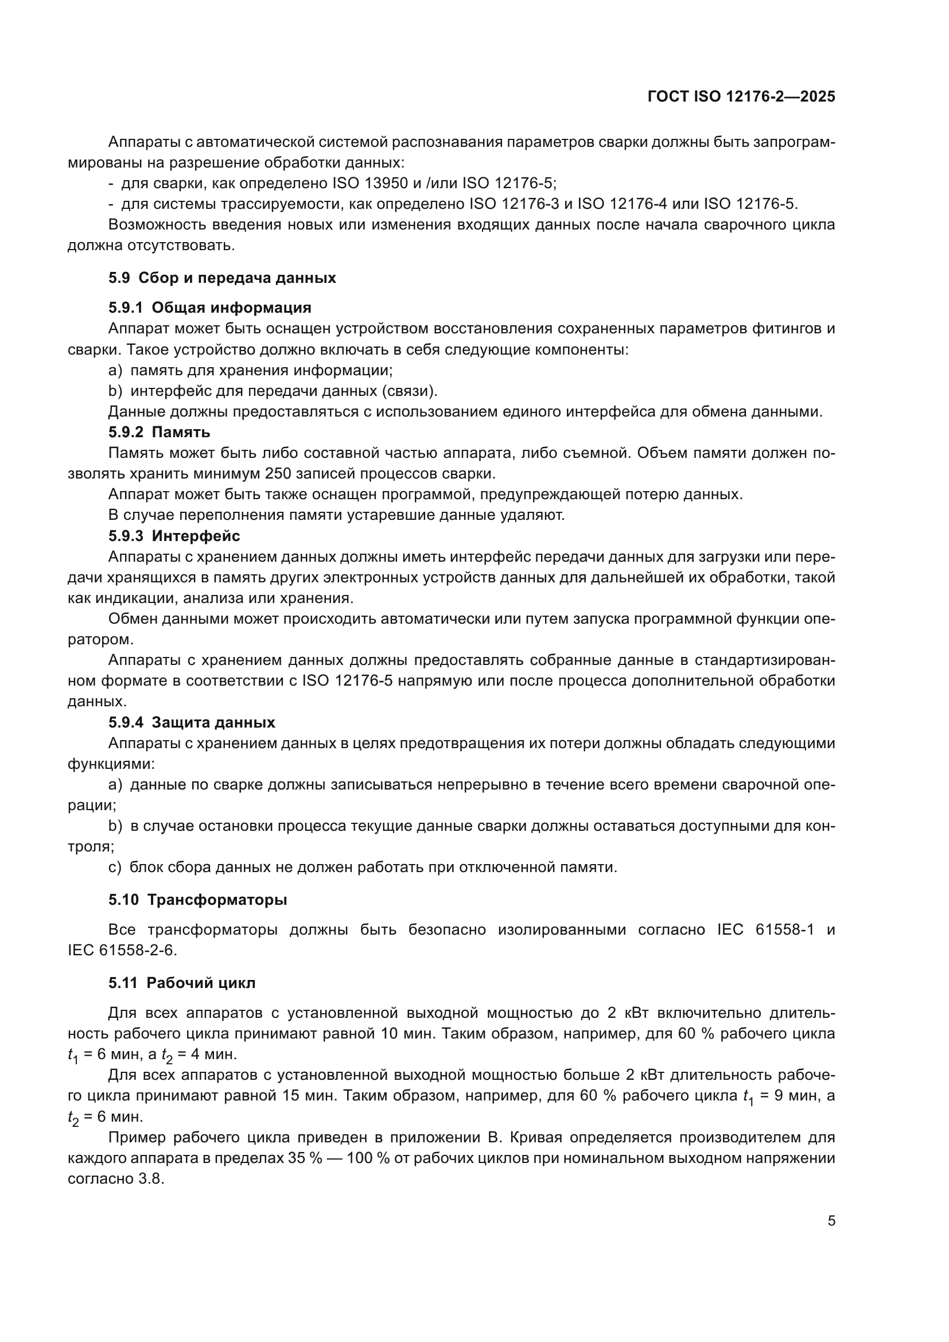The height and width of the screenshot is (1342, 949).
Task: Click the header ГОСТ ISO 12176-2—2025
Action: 741,97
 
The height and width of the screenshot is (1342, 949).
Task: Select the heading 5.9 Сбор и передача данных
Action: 222,278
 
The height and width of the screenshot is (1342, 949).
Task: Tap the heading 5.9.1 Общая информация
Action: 210,308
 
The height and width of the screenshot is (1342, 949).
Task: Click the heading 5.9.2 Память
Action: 159,432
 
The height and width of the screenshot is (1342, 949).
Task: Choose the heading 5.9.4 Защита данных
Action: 192,722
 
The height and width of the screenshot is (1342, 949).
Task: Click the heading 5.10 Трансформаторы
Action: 197,900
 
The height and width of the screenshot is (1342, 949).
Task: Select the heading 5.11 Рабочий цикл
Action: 182,982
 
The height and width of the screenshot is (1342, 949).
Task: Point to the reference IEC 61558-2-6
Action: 121,950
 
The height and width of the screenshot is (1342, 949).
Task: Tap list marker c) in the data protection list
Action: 115,867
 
